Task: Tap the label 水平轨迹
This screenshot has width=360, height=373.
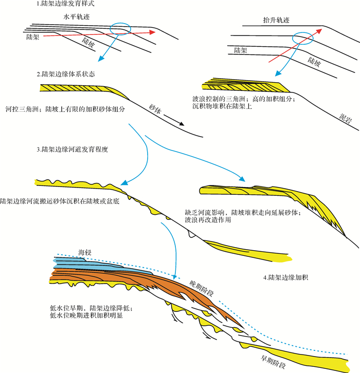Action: click(x=73, y=17)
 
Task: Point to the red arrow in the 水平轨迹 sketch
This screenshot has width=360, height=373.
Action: click(x=98, y=34)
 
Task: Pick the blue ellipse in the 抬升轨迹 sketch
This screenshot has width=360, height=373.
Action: click(x=302, y=38)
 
